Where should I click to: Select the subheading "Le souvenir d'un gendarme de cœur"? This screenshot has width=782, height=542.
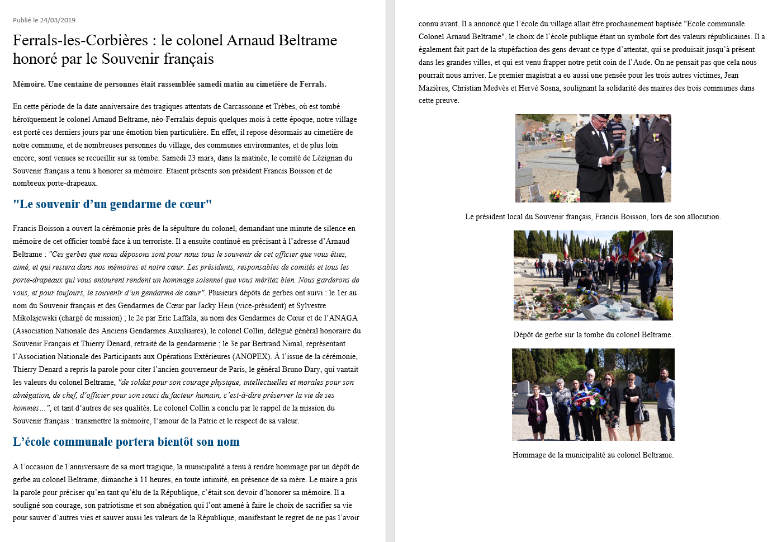coord(112,204)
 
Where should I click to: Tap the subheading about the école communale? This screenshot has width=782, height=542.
coord(126,442)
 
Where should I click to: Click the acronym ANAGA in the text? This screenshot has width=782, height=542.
coord(343,318)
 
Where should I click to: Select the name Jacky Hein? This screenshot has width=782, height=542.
coord(215,306)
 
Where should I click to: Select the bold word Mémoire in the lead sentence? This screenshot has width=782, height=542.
coord(29,84)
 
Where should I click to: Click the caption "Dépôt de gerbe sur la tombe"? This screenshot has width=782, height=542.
coord(593,335)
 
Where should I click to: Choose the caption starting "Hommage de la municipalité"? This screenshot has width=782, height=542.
coord(593,455)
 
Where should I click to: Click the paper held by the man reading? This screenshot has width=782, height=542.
coord(620,152)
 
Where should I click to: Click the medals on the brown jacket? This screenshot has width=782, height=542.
coord(655,137)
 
